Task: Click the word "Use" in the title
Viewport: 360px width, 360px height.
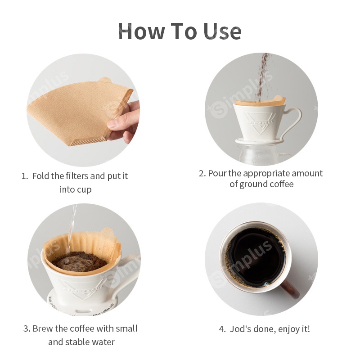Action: point(220,31)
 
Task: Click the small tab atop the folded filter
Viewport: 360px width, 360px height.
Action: point(105,80)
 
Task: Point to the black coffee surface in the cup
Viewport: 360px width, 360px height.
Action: point(254,254)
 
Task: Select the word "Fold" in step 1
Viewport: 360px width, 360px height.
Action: point(40,176)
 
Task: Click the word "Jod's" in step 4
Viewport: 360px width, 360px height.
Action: point(242,329)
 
